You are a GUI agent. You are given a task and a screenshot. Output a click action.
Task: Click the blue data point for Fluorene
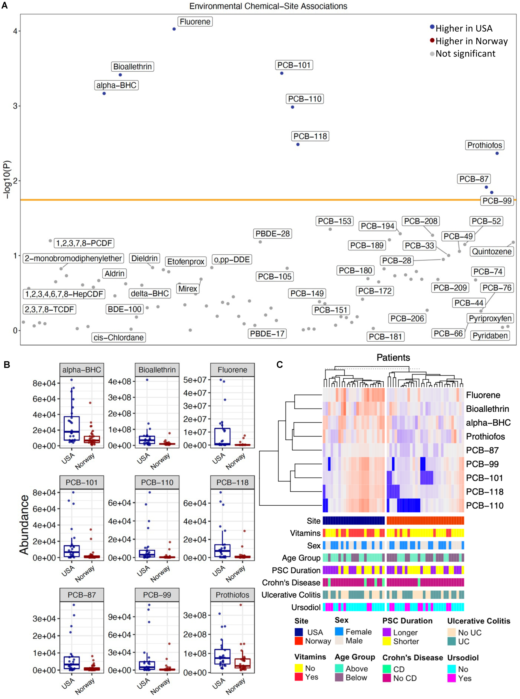click(x=174, y=29)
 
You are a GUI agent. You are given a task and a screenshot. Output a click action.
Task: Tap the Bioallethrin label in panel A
click(x=132, y=67)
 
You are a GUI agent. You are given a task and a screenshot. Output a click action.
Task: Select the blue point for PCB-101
click(x=282, y=73)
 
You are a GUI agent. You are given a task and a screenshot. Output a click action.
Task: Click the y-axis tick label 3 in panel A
click(x=15, y=106)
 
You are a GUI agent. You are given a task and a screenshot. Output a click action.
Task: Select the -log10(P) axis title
click(x=7, y=180)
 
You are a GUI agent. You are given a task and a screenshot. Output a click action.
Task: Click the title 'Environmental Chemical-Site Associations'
click(x=268, y=6)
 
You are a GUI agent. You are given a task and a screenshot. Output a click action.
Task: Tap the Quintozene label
click(x=491, y=252)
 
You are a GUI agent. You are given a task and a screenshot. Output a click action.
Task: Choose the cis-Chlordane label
click(x=119, y=337)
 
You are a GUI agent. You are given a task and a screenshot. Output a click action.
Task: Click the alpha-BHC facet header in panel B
click(x=81, y=370)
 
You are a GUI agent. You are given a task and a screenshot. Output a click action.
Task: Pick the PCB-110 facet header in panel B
click(x=157, y=482)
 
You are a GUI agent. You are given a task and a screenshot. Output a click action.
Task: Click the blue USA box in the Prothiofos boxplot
click(x=222, y=657)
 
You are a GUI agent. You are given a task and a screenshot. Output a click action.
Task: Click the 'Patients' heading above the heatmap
click(x=393, y=358)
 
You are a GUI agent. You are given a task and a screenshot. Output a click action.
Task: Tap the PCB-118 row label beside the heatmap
click(x=484, y=492)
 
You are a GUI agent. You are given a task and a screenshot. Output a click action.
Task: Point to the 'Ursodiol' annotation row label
click(x=306, y=607)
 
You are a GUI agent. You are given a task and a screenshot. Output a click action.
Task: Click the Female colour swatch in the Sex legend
click(x=339, y=631)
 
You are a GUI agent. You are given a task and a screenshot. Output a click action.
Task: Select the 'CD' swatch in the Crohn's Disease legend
click(x=387, y=669)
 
